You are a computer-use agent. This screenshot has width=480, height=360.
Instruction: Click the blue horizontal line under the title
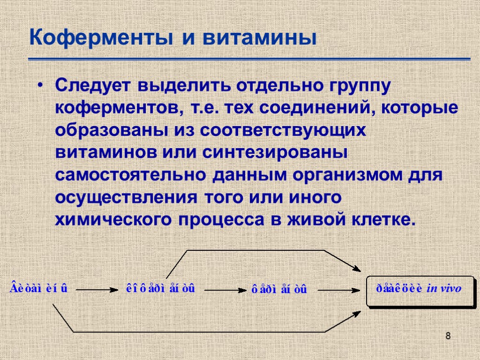pos(249,59)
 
